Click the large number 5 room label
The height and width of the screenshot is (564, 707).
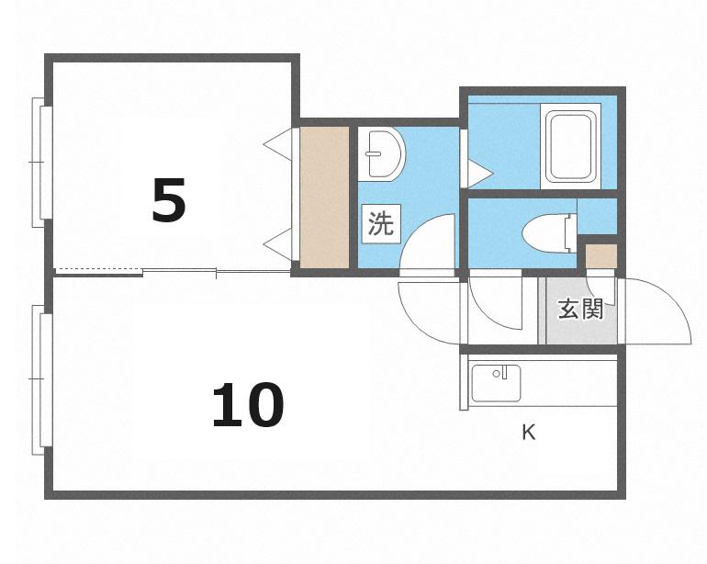[169, 200]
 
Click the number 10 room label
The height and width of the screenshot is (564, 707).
[248, 404]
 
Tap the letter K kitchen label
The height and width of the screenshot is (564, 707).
[529, 433]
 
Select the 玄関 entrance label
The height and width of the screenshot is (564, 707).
[580, 309]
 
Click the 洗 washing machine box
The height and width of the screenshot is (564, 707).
[381, 224]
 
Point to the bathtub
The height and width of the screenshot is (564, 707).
[571, 147]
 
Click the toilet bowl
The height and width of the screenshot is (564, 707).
[544, 233]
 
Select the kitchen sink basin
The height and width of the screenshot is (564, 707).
[496, 382]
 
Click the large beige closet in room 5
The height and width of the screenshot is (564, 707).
[324, 197]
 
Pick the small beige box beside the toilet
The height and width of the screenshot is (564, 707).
[601, 256]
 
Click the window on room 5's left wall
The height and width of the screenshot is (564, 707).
[42, 163]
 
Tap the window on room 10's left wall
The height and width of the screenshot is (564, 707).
[42, 380]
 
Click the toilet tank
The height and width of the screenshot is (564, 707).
[571, 233]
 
